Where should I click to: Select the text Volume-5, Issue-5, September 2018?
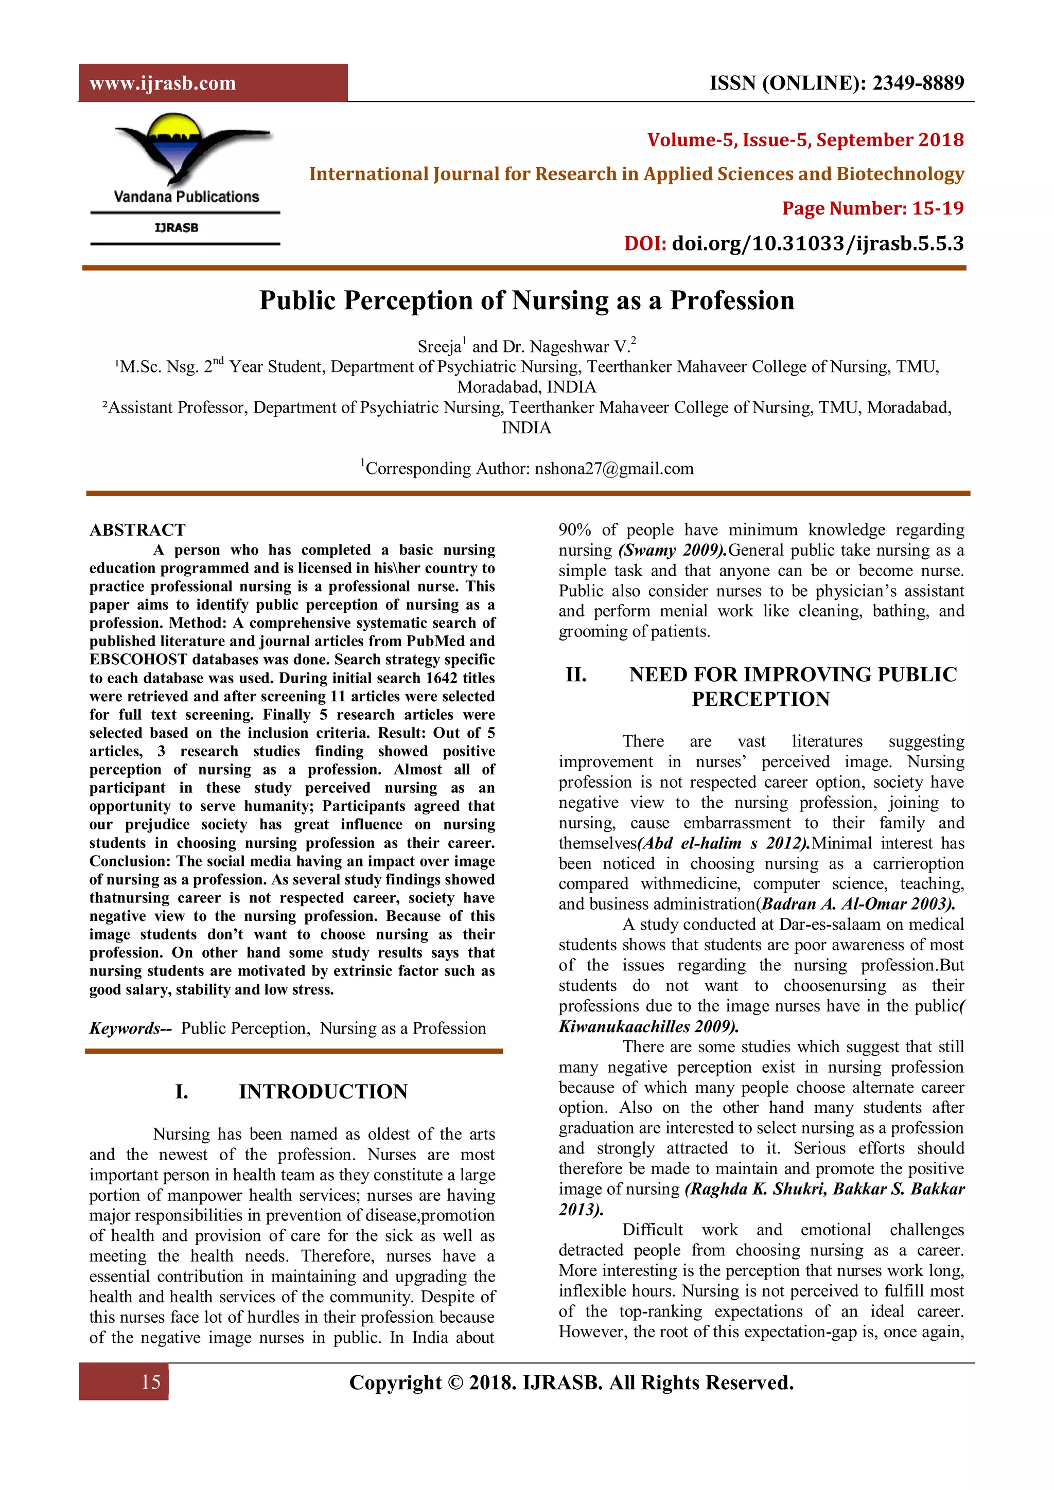tap(805, 139)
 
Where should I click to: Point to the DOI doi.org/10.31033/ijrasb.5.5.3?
tap(816, 243)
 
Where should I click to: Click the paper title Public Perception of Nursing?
tap(526, 300)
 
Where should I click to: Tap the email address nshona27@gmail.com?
tap(613, 469)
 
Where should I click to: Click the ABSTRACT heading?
tap(137, 530)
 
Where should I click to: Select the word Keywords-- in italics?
tap(130, 1028)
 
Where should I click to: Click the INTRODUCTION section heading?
tap(323, 1092)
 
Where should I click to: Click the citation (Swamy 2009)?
tap(672, 551)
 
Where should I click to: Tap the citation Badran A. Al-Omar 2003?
tap(857, 904)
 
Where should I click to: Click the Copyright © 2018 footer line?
tap(571, 1382)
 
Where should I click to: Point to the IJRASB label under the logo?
tap(177, 228)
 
